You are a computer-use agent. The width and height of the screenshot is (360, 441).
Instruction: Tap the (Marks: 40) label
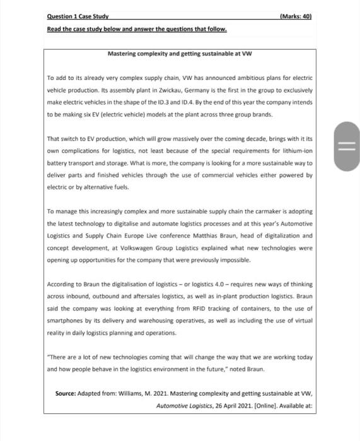coord(296,16)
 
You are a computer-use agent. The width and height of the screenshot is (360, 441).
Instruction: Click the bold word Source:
coord(66,393)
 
